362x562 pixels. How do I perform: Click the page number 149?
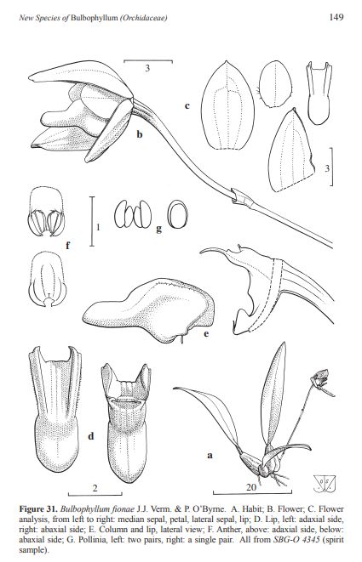click(336, 17)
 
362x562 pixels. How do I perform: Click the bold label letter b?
click(140, 134)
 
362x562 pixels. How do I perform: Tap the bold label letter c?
click(187, 105)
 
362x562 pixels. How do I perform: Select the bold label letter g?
click(158, 229)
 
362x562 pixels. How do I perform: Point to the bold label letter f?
click(67, 245)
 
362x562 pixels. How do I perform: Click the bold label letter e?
click(206, 333)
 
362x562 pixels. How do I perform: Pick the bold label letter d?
click(91, 436)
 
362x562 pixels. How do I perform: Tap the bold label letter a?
click(210, 456)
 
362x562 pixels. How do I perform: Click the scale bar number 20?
click(251, 487)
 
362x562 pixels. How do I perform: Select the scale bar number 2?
click(95, 488)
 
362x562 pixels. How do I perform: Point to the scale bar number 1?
click(98, 226)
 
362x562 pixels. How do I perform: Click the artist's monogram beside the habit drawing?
click(325, 484)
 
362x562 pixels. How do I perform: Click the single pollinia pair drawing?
click(178, 214)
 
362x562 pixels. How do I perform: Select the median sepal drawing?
click(227, 105)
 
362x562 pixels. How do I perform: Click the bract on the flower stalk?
click(243, 197)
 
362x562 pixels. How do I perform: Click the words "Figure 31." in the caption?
click(38, 509)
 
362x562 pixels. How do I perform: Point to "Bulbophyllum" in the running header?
click(94, 18)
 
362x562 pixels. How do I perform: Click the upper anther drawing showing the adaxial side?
click(46, 211)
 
